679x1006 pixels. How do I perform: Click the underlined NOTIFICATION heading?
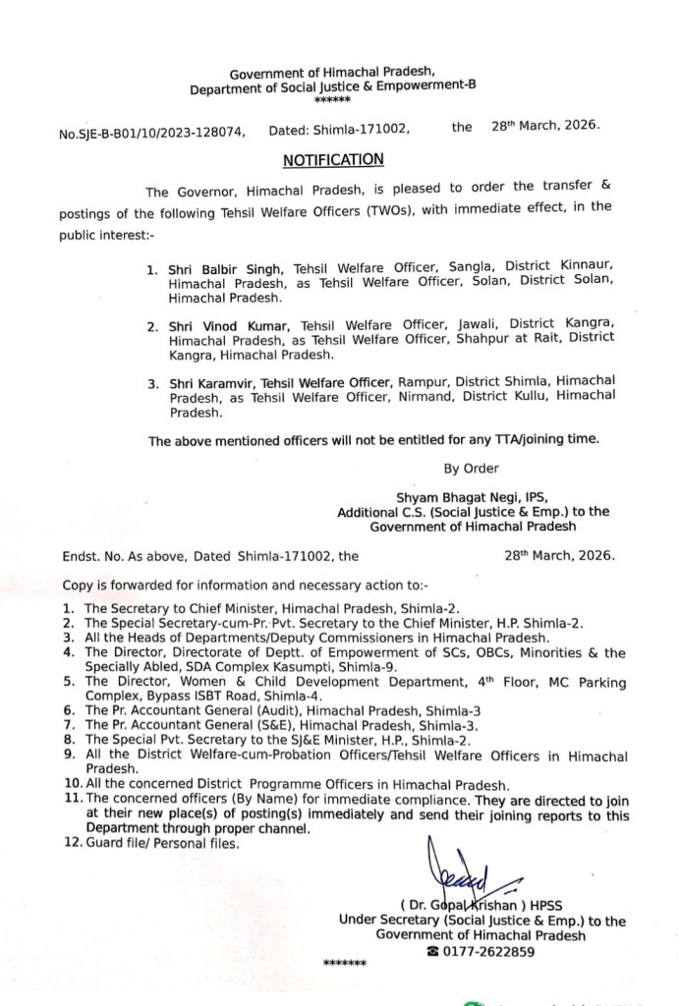point(333,159)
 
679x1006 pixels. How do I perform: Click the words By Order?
point(472,469)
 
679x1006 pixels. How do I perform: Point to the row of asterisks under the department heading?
point(333,101)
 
